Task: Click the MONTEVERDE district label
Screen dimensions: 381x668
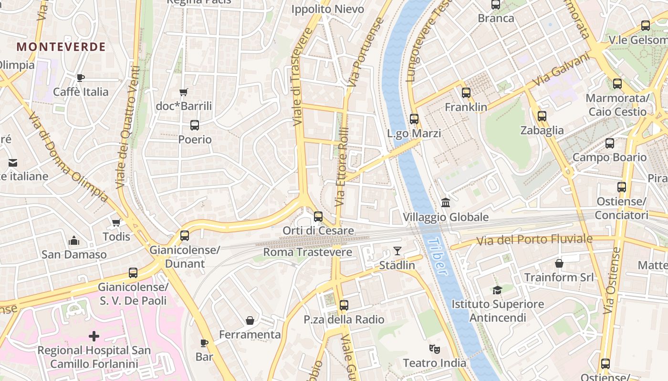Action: tap(61, 47)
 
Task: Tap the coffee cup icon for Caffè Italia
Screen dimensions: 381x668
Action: tap(81, 78)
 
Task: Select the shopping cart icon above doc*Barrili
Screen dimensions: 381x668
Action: tap(184, 92)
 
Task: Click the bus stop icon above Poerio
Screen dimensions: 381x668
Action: tap(195, 125)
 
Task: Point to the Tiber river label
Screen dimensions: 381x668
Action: tap(438, 257)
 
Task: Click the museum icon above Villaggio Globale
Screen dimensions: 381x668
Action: tap(446, 203)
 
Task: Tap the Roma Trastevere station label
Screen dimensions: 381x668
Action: tap(308, 252)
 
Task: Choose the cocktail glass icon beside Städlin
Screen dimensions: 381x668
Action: tap(397, 251)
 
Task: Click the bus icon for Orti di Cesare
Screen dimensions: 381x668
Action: tap(318, 217)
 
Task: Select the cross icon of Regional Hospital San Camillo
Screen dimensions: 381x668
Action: tap(94, 336)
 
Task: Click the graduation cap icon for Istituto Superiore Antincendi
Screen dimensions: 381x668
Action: tap(498, 290)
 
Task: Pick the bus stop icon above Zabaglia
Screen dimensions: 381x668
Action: tap(542, 116)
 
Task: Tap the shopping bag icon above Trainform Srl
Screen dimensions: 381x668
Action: tap(559, 263)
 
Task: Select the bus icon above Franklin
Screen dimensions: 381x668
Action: tap(466, 93)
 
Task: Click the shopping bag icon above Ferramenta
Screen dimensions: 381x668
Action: tap(250, 321)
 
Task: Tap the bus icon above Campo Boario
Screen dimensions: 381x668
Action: tap(610, 143)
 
